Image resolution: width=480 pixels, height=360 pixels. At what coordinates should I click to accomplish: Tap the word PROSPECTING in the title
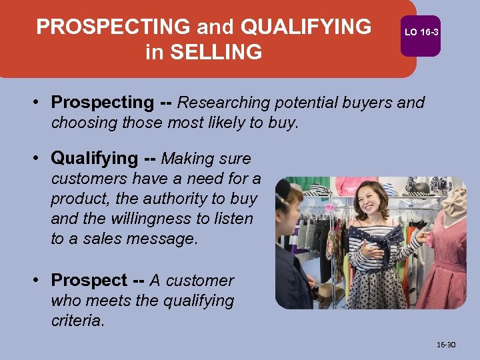coord(113,27)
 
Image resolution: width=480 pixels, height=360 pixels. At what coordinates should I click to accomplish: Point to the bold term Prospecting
coord(102,103)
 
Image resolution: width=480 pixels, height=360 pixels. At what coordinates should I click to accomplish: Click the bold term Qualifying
coord(94,159)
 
